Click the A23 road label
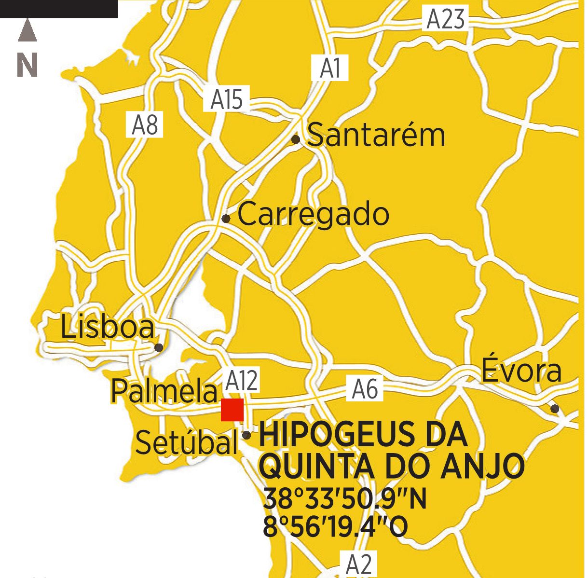(446, 19)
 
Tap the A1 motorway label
(330, 68)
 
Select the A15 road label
(226, 99)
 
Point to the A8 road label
(145, 124)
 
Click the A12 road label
(242, 380)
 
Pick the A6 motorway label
(365, 389)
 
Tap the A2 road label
(359, 564)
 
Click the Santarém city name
(376, 135)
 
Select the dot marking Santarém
(296, 140)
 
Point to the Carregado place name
(313, 214)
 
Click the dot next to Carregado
(226, 219)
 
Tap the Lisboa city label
(107, 327)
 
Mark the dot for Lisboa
(159, 347)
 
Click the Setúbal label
(187, 442)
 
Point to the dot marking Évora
(555, 409)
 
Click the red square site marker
(232, 410)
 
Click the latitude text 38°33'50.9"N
(345, 499)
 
